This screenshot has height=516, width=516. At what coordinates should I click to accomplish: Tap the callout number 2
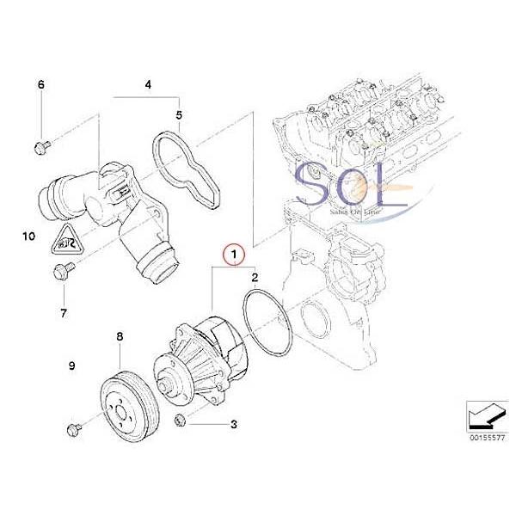(255, 277)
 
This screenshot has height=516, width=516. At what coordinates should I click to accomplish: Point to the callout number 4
(148, 84)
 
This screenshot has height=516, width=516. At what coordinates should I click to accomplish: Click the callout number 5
(179, 114)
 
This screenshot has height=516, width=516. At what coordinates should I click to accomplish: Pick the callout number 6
(40, 84)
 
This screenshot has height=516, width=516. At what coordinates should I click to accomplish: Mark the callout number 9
(72, 366)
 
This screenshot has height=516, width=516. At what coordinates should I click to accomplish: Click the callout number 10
(28, 234)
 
